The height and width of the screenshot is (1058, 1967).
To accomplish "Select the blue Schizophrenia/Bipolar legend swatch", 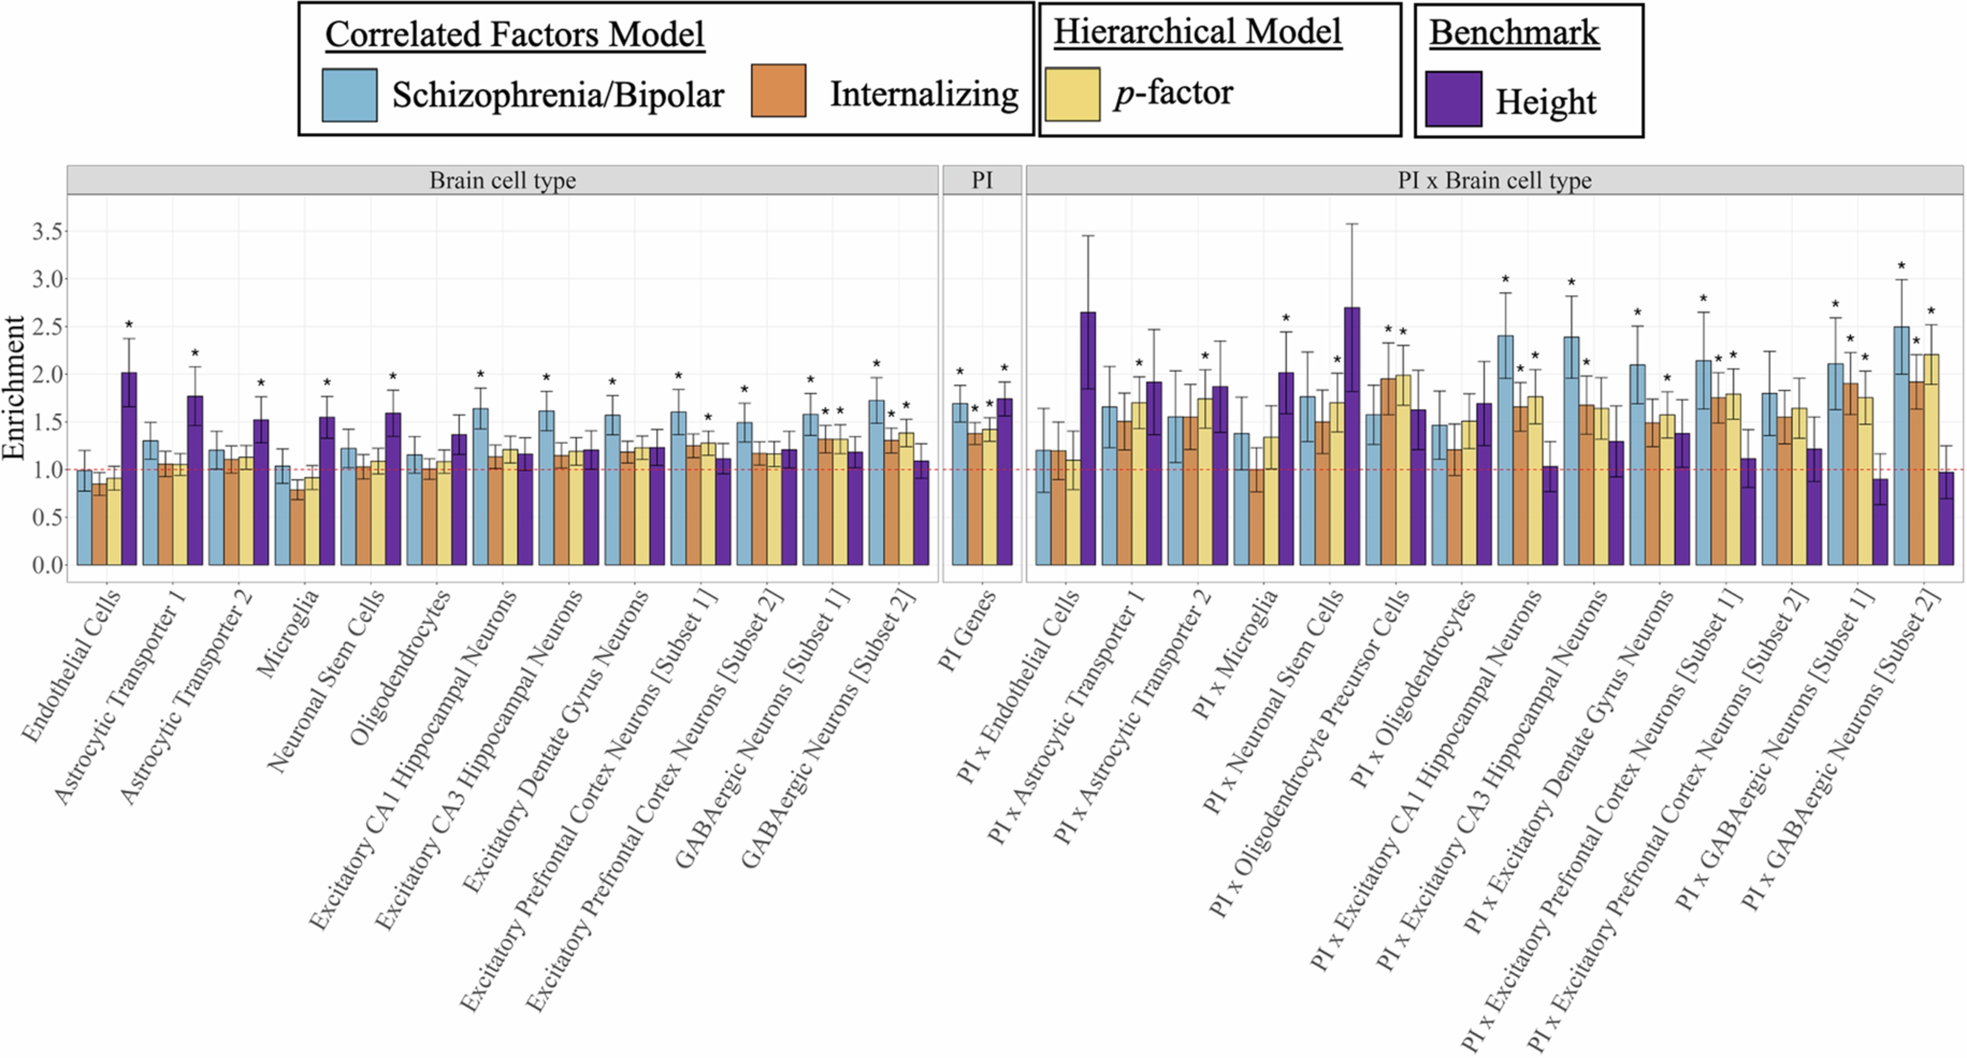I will click(x=349, y=96).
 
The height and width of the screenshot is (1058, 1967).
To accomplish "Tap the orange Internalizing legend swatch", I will click(x=778, y=91).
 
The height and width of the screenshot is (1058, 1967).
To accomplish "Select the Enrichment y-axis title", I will click(x=14, y=388).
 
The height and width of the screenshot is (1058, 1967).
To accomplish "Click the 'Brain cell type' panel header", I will click(x=502, y=180).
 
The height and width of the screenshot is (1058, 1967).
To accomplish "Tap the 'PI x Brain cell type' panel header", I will click(x=1494, y=180).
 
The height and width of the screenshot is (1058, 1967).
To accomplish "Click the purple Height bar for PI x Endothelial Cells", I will click(x=1087, y=439).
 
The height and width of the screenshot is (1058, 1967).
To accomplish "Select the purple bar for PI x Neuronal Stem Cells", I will click(x=1352, y=437).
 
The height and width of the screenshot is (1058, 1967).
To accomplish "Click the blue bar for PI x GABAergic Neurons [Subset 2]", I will click(x=1901, y=447).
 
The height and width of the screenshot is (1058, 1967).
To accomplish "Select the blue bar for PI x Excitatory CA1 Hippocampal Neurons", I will click(x=1505, y=450).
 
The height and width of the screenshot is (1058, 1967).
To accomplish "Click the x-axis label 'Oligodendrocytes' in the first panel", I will click(x=398, y=668).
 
